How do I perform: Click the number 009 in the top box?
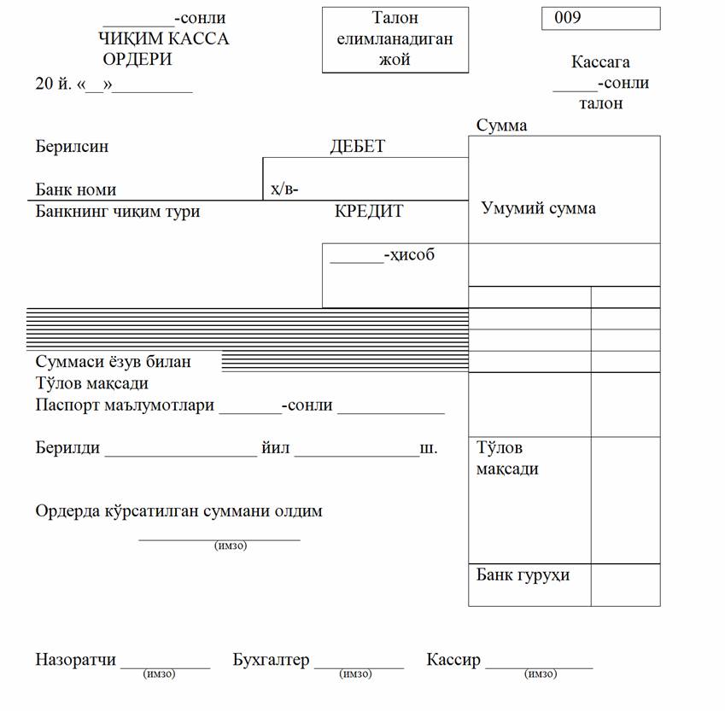[569, 17]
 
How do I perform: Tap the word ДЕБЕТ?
[357, 146]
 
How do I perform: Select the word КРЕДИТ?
[369, 211]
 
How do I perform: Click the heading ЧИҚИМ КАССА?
[164, 38]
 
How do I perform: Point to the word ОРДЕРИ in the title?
[137, 59]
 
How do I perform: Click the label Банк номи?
[76, 189]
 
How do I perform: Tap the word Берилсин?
[72, 146]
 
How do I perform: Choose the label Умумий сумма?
[539, 208]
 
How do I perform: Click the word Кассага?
[600, 62]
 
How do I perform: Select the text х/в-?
[284, 189]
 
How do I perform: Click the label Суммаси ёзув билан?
[114, 362]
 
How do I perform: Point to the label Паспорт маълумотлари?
[125, 405]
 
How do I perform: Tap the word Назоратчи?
[75, 660]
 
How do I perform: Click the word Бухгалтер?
[271, 660]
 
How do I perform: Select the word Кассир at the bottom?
[453, 660]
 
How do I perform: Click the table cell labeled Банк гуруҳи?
[523, 574]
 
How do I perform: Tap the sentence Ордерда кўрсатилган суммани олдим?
[178, 511]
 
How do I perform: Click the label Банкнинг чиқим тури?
[118, 211]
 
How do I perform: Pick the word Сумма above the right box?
[501, 125]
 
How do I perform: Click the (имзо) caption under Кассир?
[540, 674]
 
